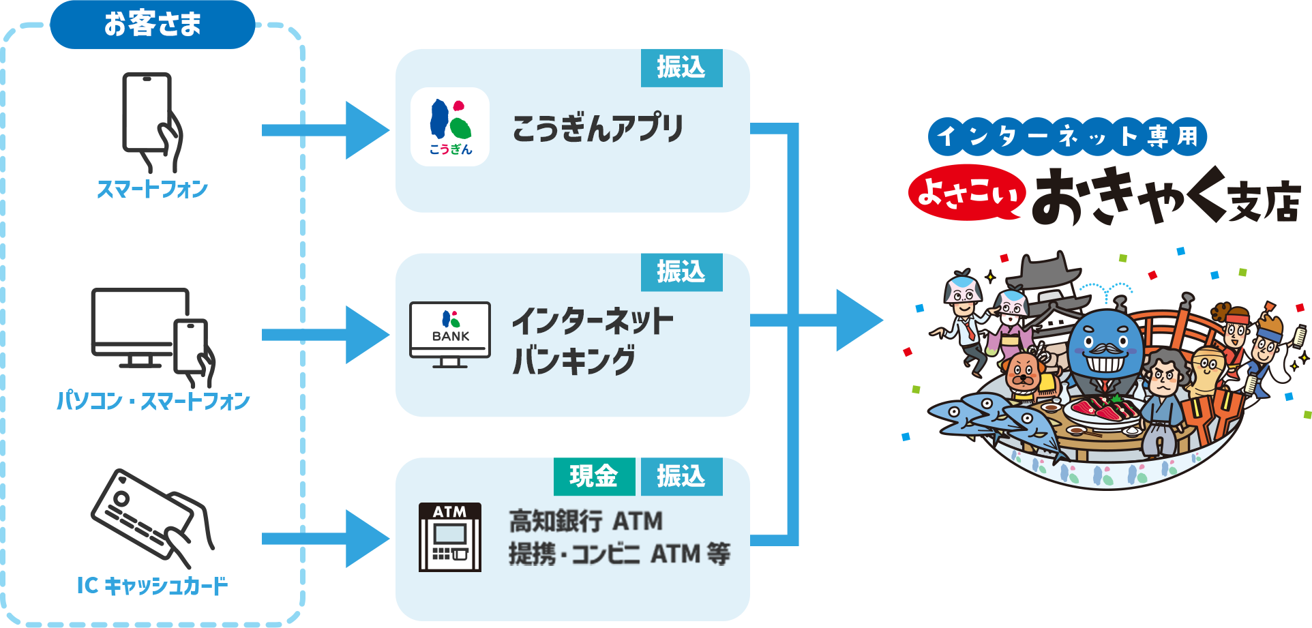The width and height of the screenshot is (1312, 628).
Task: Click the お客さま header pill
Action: pos(152,25)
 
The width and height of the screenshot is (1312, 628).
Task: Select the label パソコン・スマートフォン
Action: pos(153,401)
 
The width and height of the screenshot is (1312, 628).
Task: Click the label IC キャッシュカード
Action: pos(152,586)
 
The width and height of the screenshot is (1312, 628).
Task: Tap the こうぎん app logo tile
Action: pos(450,127)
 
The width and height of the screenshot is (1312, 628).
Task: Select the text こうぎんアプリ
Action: pos(597,128)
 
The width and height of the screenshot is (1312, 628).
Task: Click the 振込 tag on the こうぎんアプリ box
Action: pos(681,68)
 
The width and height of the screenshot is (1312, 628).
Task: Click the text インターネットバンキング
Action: pos(592,340)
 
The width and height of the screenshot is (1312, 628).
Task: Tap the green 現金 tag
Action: pos(594,476)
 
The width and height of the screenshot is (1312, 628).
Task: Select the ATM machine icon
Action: pos(450,537)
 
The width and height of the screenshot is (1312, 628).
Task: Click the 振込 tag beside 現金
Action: pos(681,476)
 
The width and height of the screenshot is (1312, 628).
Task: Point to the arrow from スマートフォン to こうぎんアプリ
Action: pos(326,130)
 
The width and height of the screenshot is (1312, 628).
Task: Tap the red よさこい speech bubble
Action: pos(967,193)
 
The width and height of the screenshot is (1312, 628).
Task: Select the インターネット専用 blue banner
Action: pos(1067,136)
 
